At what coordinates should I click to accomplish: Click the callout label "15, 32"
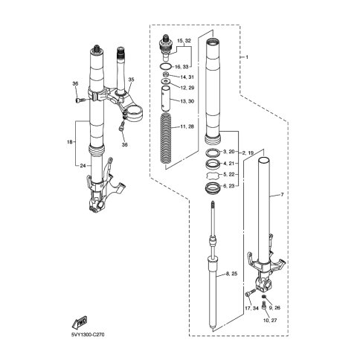[x=184, y=41]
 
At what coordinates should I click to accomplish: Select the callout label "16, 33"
[x=182, y=67]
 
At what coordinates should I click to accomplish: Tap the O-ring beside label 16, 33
[x=166, y=66]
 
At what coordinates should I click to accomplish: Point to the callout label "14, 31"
[x=187, y=77]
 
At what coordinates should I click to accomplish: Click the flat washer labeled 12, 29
[x=166, y=81]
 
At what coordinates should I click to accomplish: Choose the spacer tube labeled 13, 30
[x=166, y=98]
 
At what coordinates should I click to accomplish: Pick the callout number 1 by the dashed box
[x=247, y=57]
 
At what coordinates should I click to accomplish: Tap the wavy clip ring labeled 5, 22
[x=213, y=175]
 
